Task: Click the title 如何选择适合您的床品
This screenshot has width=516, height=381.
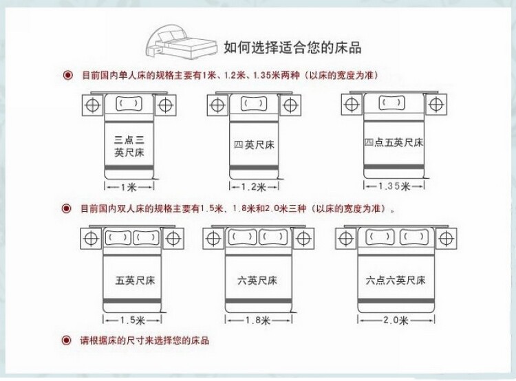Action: tap(292, 47)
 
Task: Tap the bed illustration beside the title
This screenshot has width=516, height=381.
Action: tap(182, 43)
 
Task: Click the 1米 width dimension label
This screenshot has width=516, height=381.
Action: tap(129, 187)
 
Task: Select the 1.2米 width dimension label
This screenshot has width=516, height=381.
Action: tap(253, 187)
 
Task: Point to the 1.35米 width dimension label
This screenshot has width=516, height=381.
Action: tap(394, 186)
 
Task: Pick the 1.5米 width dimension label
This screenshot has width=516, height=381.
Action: tap(132, 320)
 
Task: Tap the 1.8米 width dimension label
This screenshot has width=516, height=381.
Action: tap(258, 320)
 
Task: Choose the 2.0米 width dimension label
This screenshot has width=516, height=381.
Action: tap(396, 320)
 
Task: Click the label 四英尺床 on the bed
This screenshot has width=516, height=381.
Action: tap(254, 145)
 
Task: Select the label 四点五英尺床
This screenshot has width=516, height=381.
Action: tap(394, 142)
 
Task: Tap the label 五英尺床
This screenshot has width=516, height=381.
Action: tap(135, 281)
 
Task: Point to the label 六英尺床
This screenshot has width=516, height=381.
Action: tap(257, 281)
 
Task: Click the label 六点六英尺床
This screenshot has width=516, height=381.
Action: tap(396, 281)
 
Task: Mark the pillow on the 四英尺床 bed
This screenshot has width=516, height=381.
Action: tap(254, 104)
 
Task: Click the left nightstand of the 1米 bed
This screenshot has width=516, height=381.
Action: tap(92, 105)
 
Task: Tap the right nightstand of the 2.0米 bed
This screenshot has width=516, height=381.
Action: tap(446, 238)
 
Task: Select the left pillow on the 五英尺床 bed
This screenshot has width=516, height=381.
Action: tap(118, 237)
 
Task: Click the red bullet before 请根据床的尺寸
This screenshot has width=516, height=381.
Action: tap(67, 340)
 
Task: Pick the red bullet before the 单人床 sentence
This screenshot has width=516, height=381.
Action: tap(68, 76)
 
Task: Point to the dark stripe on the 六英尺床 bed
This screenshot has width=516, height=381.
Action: tap(258, 301)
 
